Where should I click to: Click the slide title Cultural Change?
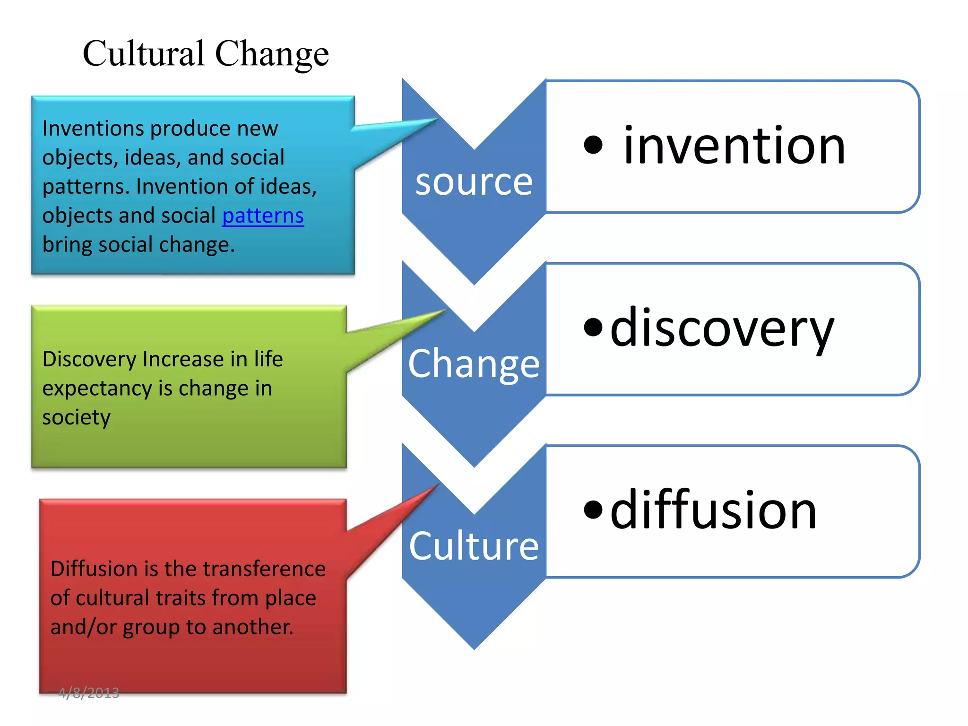pyautogui.click(x=206, y=53)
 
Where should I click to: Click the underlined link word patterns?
pyautogui.click(x=263, y=216)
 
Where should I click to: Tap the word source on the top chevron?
pyautogui.click(x=474, y=182)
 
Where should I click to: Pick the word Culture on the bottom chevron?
pyautogui.click(x=474, y=546)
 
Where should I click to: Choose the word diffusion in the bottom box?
pyautogui.click(x=713, y=510)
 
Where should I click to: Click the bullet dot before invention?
pyautogui.click(x=593, y=145)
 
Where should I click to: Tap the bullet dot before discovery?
pyautogui.click(x=593, y=327)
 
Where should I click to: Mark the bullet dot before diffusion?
pyautogui.click(x=593, y=509)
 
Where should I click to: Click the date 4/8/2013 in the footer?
pyautogui.click(x=89, y=693)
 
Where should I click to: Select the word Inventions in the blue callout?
pyautogui.click(x=93, y=129)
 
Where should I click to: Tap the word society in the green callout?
pyautogui.click(x=76, y=418)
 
